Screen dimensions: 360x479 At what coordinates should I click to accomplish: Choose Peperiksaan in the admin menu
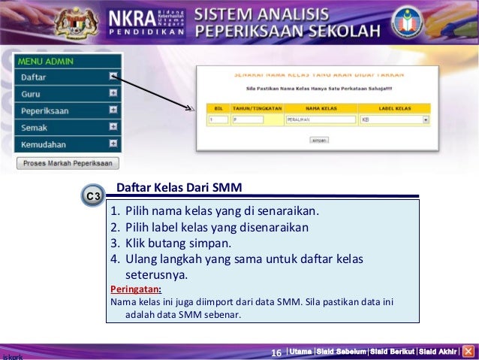(x=44, y=110)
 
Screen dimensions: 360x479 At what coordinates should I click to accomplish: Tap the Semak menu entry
(x=33, y=128)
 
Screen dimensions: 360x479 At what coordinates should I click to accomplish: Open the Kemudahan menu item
(x=43, y=144)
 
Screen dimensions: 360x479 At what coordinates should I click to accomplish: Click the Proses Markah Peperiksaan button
(x=68, y=163)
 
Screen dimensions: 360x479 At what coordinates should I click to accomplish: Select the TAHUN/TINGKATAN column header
(x=256, y=108)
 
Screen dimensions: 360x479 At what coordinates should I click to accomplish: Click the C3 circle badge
(x=92, y=197)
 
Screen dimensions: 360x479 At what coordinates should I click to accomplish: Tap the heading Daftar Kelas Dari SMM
(x=179, y=187)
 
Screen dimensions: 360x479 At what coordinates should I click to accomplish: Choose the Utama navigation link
(x=301, y=352)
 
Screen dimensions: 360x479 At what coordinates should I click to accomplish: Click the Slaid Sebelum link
(x=341, y=352)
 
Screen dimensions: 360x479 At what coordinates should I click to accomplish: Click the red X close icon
(x=468, y=351)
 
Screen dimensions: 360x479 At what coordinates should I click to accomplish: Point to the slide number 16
(x=276, y=352)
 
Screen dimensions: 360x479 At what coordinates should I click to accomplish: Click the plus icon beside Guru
(x=113, y=93)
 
